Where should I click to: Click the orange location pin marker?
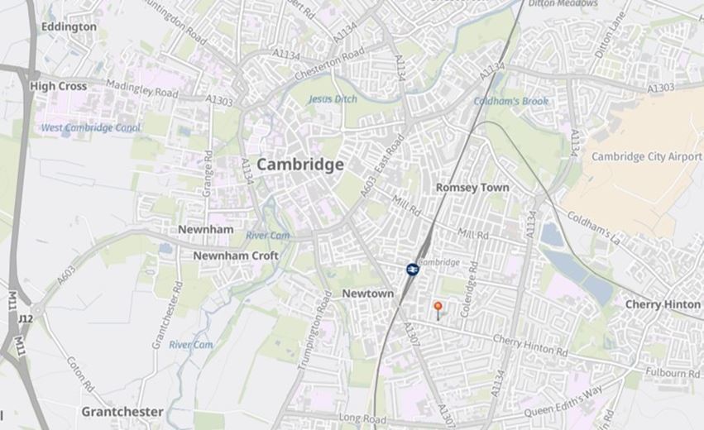pos(438,308)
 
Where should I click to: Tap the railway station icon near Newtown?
pos(412,270)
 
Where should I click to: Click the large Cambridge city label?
pos(299,165)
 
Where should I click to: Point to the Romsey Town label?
pos(472,188)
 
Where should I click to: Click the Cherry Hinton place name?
pos(662,304)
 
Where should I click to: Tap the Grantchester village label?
pos(122,411)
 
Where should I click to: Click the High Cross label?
pos(58,85)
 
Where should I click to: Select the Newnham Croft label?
pos(236,256)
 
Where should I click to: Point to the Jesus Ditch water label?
pos(333,99)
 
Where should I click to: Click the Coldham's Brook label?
pos(510,101)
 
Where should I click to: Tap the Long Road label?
pos(362,418)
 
